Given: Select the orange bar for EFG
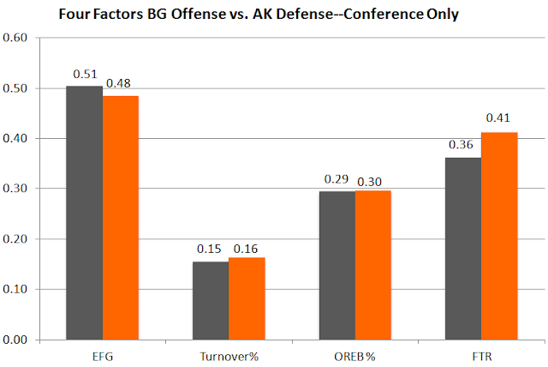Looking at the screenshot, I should click(x=121, y=218).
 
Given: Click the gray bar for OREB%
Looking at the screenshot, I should click(x=338, y=265).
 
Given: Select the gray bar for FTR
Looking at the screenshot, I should click(x=464, y=249).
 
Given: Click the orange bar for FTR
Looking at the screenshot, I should click(x=499, y=236).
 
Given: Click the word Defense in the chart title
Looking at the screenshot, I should click(x=301, y=15).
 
